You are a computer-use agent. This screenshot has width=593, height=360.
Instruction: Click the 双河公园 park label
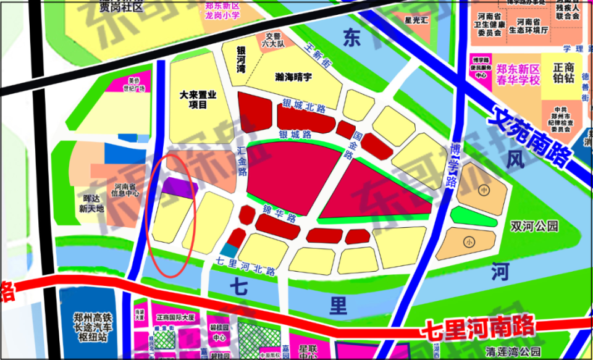534,226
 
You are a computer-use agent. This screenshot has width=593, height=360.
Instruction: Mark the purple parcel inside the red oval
179,186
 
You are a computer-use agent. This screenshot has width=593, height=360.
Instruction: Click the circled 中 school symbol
482,190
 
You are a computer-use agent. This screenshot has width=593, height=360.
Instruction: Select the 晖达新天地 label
91,203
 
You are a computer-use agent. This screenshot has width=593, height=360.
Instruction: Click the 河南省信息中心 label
126,189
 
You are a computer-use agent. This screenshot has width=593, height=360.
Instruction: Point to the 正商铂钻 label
563,73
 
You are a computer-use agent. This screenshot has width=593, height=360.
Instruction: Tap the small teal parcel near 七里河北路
229,249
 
